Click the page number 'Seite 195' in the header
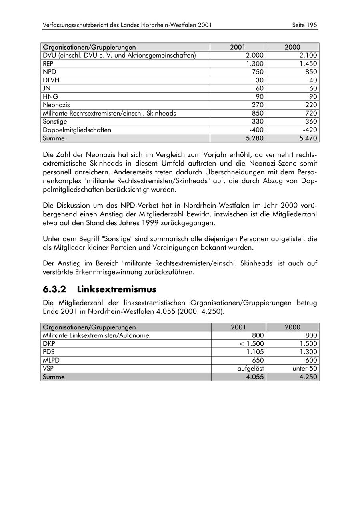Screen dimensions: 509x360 [x=304, y=25]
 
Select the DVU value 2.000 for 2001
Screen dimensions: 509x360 [x=254, y=55]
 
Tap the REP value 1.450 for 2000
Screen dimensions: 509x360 [x=308, y=64]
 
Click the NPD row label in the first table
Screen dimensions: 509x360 [x=50, y=72]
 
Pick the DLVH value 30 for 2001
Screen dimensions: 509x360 [x=260, y=80]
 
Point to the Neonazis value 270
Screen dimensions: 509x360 [x=257, y=105]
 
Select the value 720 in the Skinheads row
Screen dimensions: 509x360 [x=310, y=113]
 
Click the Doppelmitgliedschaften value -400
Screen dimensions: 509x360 [x=256, y=130]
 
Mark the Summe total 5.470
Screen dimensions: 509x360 [x=308, y=138]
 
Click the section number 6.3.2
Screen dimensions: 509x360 [x=54, y=289]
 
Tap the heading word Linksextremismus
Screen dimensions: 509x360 [x=116, y=289]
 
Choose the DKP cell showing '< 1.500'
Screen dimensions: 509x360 [x=251, y=344]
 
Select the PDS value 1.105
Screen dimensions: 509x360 [x=254, y=352]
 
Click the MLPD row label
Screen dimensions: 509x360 [x=51, y=360]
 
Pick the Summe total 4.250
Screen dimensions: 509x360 [x=308, y=377]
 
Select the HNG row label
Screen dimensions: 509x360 [x=50, y=96]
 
